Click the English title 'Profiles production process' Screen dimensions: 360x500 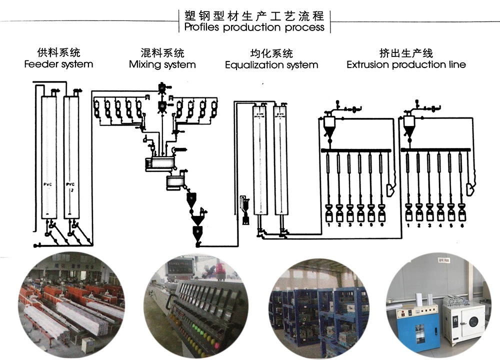point(254,27)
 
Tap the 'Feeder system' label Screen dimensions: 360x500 point(58,64)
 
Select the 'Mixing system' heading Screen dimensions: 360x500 point(162,64)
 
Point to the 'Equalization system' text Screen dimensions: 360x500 point(271,65)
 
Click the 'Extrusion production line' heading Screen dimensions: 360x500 point(406,64)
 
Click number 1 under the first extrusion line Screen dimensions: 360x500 point(328,225)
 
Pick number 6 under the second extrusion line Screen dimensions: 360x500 point(461,225)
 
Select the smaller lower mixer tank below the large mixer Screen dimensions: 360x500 point(174,182)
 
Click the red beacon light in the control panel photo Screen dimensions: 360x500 point(218,268)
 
